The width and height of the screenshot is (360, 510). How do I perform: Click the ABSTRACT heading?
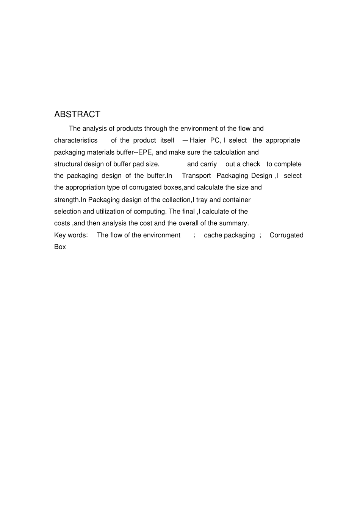[x=77, y=114]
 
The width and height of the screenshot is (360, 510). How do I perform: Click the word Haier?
[x=197, y=140]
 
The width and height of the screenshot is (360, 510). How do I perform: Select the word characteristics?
[x=76, y=140]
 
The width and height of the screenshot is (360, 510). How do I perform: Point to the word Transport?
[x=196, y=176]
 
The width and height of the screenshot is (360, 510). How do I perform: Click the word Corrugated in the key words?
[x=286, y=235]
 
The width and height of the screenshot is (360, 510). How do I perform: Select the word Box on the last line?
[x=60, y=247]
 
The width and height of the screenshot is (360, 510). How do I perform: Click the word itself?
[x=167, y=140]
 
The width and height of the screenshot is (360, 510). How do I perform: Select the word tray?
[x=202, y=200]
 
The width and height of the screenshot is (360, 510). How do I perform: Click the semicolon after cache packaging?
[x=260, y=235]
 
